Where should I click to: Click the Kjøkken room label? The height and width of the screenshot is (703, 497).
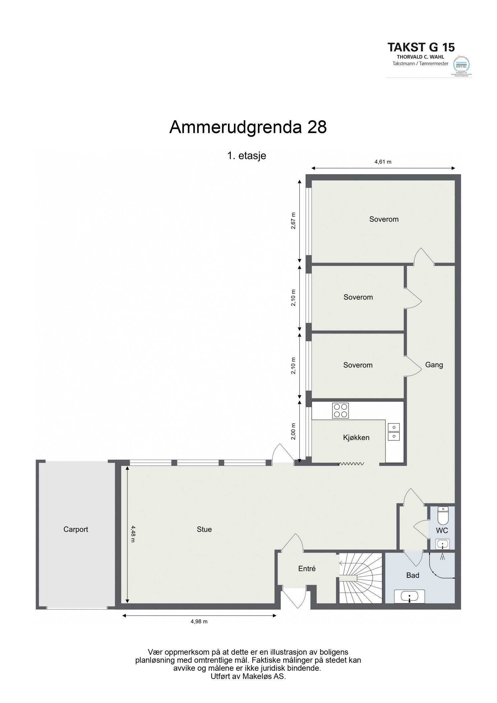356,438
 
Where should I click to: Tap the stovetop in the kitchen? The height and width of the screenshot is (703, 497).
340,410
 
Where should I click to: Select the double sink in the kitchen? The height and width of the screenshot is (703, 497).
394,432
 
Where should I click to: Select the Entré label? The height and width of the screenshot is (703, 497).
307,568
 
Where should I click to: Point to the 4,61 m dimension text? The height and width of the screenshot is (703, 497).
383,162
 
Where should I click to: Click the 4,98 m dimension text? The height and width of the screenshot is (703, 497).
199,621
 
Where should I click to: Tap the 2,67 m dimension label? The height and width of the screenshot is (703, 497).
293,221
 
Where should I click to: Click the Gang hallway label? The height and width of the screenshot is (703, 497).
434,365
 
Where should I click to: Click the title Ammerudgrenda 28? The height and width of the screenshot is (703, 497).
248,127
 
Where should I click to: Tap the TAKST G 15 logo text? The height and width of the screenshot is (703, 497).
421,47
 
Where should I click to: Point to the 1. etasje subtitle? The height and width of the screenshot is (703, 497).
247,156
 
